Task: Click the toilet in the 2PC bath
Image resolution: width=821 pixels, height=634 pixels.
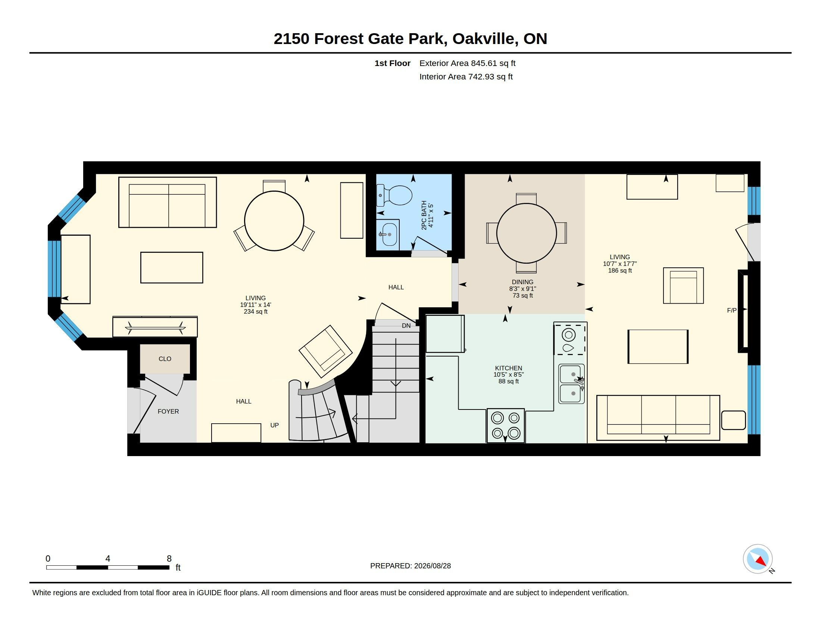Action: (394, 195)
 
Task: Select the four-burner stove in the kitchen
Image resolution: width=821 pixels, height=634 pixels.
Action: (506, 425)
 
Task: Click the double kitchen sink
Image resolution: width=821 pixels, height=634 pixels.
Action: (571, 383)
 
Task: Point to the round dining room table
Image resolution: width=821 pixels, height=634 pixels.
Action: (526, 233)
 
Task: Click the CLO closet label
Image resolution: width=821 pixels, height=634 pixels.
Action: (165, 359)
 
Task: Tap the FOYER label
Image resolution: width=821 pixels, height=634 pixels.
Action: (168, 412)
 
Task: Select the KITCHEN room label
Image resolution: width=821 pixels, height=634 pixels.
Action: (508, 368)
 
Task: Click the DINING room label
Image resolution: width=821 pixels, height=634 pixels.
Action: (522, 282)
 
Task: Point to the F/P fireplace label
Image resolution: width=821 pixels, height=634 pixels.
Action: (731, 311)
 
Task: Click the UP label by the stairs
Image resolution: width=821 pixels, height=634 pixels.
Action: (274, 425)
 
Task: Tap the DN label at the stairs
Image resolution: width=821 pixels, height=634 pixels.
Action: (406, 326)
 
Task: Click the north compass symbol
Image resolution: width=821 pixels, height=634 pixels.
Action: (758, 559)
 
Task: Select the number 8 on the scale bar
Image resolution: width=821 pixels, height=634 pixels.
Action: (169, 559)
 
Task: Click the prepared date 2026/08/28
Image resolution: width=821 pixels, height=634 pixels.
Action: (432, 566)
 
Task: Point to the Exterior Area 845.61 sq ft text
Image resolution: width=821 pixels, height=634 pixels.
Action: (467, 63)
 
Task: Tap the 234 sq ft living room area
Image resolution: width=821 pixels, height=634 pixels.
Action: (256, 312)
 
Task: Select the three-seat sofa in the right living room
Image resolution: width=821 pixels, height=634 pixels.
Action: (658, 418)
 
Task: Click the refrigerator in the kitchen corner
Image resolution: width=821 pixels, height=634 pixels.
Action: (445, 334)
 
